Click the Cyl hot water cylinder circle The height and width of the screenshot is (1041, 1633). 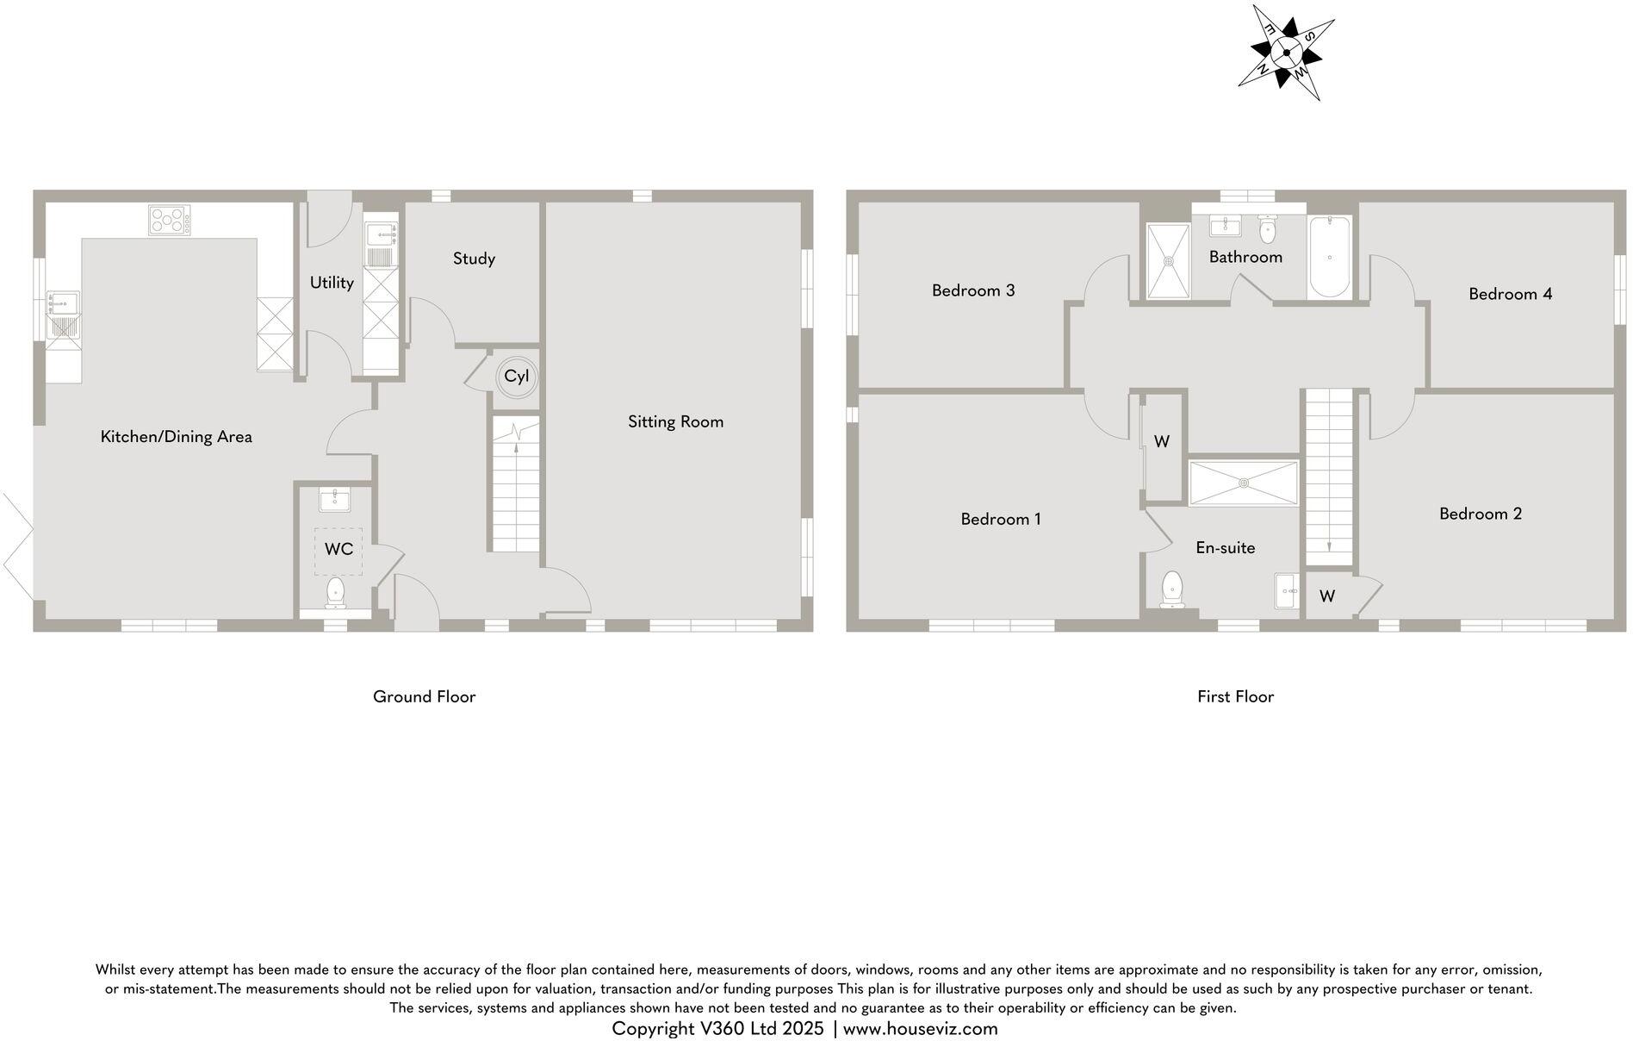[x=516, y=377]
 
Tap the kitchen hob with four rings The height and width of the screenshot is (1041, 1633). [x=168, y=220]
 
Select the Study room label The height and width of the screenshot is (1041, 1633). [x=474, y=259]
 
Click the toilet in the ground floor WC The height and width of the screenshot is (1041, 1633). [x=335, y=593]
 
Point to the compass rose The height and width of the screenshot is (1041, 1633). [x=1286, y=53]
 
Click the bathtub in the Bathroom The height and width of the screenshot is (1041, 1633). [x=1329, y=256]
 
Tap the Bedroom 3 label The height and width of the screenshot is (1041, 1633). [x=973, y=290]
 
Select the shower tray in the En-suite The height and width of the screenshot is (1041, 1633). [x=1243, y=483]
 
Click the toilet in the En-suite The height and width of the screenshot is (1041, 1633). [x=1171, y=589]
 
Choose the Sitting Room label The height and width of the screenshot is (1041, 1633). [x=675, y=422]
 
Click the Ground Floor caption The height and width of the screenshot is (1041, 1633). [x=424, y=696]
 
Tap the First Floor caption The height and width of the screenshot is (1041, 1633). [x=1235, y=696]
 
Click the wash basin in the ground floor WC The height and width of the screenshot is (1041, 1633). [x=334, y=499]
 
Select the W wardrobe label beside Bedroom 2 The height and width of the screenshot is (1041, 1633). [x=1326, y=596]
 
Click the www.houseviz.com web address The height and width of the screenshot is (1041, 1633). [x=920, y=1028]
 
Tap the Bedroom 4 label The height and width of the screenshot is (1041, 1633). [x=1510, y=294]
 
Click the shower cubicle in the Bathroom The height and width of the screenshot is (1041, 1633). [x=1168, y=259]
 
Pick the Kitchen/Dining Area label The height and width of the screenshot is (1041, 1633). [x=177, y=437]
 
